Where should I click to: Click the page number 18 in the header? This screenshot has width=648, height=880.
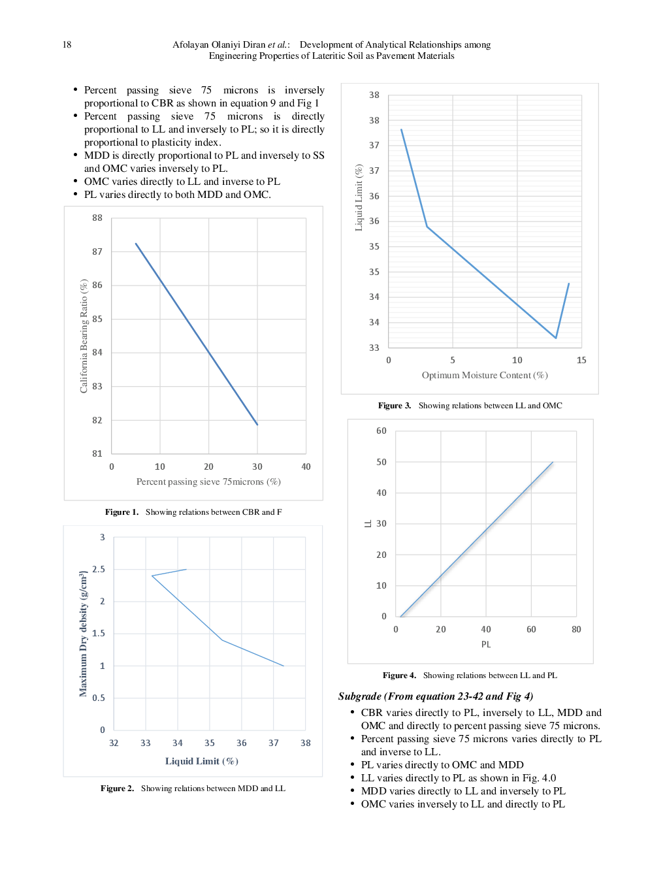pos(67,45)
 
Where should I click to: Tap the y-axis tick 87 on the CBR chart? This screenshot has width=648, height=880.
pos(97,252)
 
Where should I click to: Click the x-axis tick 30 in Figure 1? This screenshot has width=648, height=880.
pos(257,466)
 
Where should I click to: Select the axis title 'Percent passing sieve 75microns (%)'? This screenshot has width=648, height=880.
pos(208,481)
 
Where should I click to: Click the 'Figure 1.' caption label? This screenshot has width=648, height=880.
pos(121,512)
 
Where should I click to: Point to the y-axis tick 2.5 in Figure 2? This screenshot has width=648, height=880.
pos(99,569)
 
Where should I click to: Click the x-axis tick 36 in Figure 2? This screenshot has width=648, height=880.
pos(242,743)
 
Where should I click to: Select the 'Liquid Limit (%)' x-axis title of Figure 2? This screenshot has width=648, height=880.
pos(201,761)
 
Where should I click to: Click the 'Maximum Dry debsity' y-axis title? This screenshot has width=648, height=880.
pos(83,634)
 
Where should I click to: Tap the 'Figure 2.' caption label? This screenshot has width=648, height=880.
pos(117,789)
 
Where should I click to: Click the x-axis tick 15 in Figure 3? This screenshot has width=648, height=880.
pos(581,360)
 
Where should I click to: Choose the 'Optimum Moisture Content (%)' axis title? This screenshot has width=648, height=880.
pos(485,375)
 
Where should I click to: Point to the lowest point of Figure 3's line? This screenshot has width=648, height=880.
pos(556,338)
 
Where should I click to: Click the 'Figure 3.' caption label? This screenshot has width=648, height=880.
pos(395,406)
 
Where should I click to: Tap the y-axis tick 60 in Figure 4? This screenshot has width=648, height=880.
pos(381,431)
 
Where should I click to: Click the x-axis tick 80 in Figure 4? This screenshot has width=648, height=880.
pos(576,629)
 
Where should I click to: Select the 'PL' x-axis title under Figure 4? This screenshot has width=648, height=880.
pos(486,644)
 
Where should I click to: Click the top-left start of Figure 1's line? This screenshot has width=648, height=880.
pos(136,244)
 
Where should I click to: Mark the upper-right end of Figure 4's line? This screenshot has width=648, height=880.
pos(553,463)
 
